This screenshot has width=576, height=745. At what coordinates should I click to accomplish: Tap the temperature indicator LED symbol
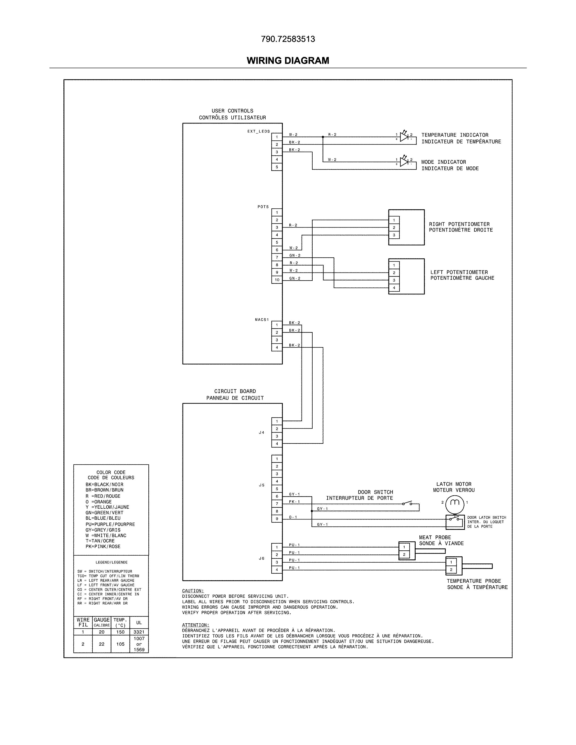click(404, 137)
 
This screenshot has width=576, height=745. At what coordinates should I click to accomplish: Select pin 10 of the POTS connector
click(277, 280)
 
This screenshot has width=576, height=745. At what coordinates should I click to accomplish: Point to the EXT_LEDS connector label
click(258, 131)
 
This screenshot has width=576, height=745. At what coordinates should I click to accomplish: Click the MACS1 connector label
click(262, 320)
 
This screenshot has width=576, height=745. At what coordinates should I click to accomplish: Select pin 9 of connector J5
click(277, 519)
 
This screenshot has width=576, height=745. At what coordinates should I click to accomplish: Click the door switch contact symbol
click(407, 503)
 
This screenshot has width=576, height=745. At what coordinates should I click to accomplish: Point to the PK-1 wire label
click(294, 501)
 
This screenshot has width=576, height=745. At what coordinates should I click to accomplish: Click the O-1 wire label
click(293, 517)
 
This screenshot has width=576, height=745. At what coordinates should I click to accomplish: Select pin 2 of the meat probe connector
click(404, 555)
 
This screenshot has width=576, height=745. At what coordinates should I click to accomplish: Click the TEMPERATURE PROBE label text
click(474, 581)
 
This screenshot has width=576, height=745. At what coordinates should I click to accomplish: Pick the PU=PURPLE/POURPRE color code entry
click(110, 524)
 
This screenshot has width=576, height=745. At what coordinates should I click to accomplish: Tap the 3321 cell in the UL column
click(139, 632)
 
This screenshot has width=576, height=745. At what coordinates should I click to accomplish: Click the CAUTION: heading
click(193, 591)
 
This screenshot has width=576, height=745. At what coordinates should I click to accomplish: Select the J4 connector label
click(261, 433)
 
